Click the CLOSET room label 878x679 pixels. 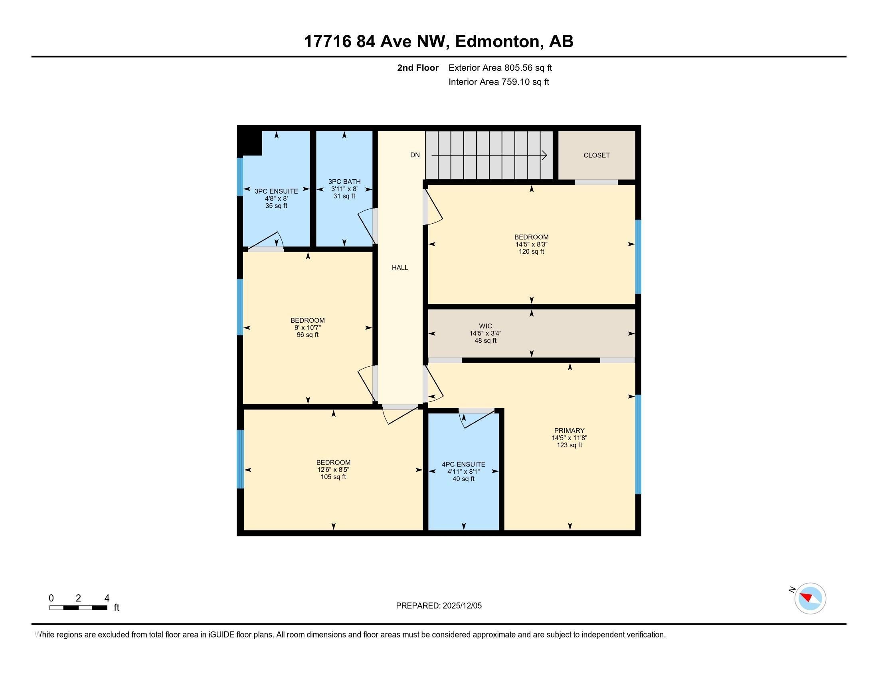pyautogui.click(x=597, y=155)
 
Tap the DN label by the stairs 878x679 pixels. pyautogui.click(x=415, y=155)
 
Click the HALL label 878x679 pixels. pyautogui.click(x=400, y=268)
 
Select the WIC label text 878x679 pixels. pyautogui.click(x=485, y=326)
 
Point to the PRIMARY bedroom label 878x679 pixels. pyautogui.click(x=569, y=431)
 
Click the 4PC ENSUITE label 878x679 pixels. pyautogui.click(x=463, y=464)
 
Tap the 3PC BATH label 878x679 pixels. pyautogui.click(x=344, y=182)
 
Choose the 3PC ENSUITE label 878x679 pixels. pyautogui.click(x=276, y=191)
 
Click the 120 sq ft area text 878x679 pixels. pyautogui.click(x=532, y=252)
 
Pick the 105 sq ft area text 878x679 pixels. pyautogui.click(x=333, y=477)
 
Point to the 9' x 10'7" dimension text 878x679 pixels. pyautogui.click(x=308, y=328)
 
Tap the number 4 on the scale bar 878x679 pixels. pyautogui.click(x=107, y=598)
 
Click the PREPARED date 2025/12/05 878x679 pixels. pyautogui.click(x=461, y=606)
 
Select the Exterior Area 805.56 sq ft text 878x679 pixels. pyautogui.click(x=500, y=68)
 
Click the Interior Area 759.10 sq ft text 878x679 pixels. pyautogui.click(x=498, y=82)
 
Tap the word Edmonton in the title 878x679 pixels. pyautogui.click(x=497, y=42)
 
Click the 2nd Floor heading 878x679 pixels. pyautogui.click(x=418, y=68)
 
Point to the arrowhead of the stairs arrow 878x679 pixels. pyautogui.click(x=545, y=155)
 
